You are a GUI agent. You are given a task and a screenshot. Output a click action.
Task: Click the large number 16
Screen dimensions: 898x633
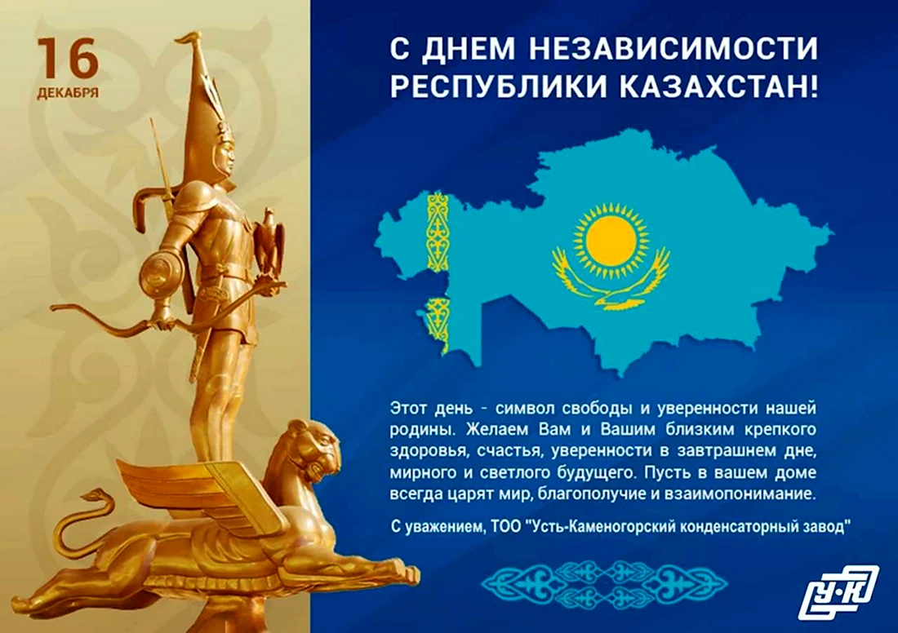tap(69, 59)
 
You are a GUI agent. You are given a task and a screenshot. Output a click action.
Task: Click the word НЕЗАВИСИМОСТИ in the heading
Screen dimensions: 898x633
tap(673, 49)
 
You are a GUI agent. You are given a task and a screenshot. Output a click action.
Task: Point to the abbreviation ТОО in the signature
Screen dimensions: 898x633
tap(505, 526)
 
